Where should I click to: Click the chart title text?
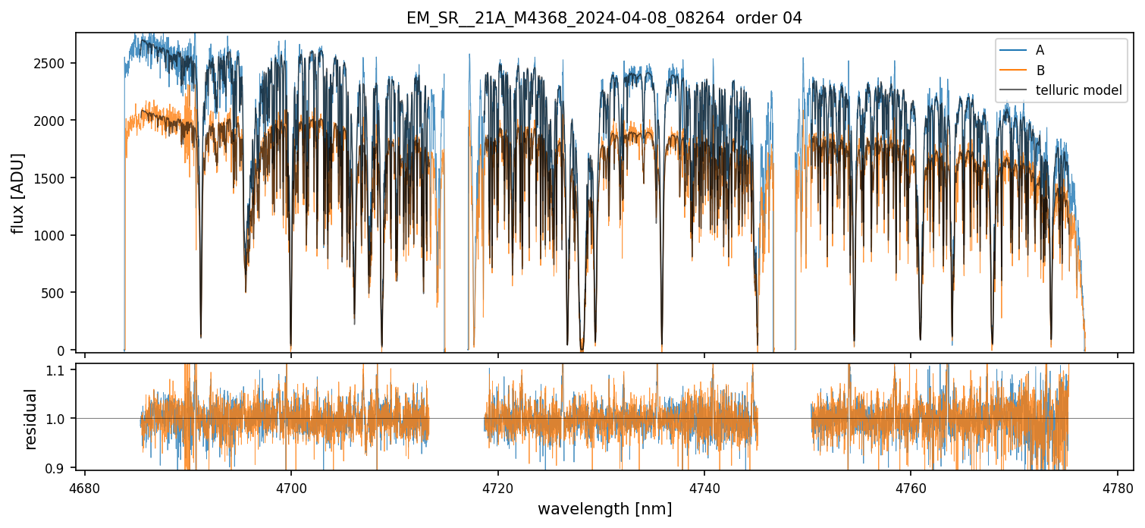pos(604,18)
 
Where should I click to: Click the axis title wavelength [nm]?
pos(604,509)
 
